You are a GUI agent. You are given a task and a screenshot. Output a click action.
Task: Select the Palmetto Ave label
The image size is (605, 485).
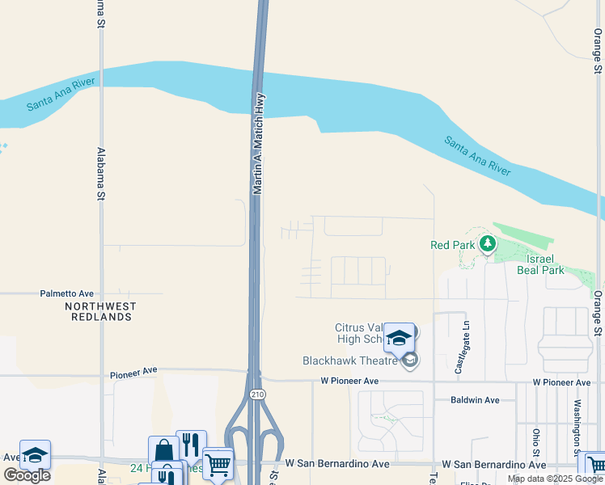coord(68,293)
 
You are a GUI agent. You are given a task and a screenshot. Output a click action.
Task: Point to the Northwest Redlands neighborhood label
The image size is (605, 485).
coord(100,311)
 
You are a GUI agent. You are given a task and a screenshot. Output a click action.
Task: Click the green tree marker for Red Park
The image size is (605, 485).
coord(487,242)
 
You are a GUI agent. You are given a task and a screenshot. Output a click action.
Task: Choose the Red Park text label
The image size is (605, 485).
coord(452,245)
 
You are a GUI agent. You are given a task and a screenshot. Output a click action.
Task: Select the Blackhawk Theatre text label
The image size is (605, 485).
coord(351,361)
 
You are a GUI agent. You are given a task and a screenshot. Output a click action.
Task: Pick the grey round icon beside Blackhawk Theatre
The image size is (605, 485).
coord(409,361)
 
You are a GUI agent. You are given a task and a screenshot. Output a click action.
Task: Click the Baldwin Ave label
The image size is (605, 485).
coord(476,400)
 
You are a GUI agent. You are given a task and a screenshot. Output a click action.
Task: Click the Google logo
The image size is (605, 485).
coord(27,474)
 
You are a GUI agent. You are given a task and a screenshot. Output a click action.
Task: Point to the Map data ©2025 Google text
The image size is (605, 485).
coord(554,479)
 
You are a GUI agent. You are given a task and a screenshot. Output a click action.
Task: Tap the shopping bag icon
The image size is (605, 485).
coord(163,450)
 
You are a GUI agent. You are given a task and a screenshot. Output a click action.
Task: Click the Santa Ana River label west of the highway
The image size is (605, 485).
coord(61,95)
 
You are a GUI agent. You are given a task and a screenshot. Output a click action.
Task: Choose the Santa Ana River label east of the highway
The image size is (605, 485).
coord(477,156)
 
